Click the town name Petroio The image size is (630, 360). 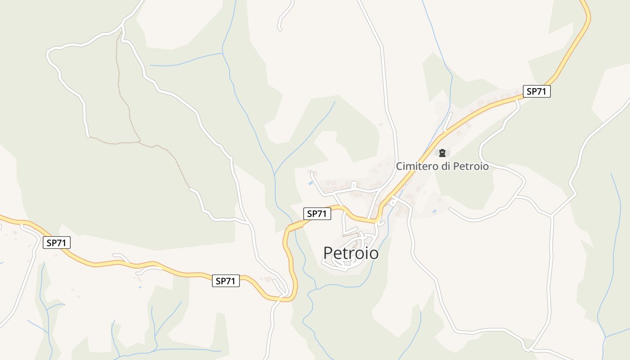point(351,253)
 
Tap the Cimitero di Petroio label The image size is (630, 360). point(442,166)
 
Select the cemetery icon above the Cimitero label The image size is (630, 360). point(442,153)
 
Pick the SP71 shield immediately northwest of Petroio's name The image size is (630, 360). point(317,214)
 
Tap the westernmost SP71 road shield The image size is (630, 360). point(57,243)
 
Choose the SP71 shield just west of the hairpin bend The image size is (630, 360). point(226,281)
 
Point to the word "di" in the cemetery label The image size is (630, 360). point(446,166)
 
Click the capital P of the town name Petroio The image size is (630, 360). point(328,253)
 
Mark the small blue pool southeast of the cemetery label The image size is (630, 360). point(434,211)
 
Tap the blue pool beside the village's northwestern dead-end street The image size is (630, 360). point(310,183)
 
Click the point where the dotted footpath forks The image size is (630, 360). point(139,142)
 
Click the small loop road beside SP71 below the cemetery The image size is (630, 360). point(393,202)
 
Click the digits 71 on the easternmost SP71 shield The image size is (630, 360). point(541,91)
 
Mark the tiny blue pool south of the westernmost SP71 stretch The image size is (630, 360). point(140,287)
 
